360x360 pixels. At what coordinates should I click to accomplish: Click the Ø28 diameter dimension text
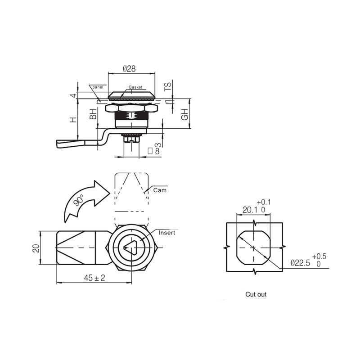[129, 68]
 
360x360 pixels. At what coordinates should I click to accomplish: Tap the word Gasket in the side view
[135, 87]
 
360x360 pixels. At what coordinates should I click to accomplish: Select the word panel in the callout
[98, 87]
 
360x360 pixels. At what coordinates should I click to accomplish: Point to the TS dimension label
[168, 87]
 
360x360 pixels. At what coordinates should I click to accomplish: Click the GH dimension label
[185, 114]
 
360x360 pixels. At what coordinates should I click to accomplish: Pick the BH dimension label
[93, 114]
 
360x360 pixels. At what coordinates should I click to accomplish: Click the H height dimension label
[73, 120]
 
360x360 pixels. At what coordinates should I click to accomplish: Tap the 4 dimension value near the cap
[73, 95]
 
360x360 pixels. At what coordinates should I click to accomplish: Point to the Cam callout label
[160, 190]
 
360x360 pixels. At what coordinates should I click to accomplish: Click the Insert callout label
[167, 233]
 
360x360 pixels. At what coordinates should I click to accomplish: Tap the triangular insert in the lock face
[130, 247]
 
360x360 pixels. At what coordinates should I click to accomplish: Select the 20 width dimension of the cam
[36, 248]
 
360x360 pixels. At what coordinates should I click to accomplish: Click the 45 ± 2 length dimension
[94, 278]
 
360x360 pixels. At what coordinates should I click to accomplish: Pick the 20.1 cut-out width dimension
[250, 210]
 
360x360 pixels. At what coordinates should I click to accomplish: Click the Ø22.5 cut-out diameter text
[300, 263]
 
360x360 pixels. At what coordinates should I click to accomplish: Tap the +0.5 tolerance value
[319, 256]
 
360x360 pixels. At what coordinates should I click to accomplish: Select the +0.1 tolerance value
[264, 202]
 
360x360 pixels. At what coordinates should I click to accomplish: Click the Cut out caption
[256, 294]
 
